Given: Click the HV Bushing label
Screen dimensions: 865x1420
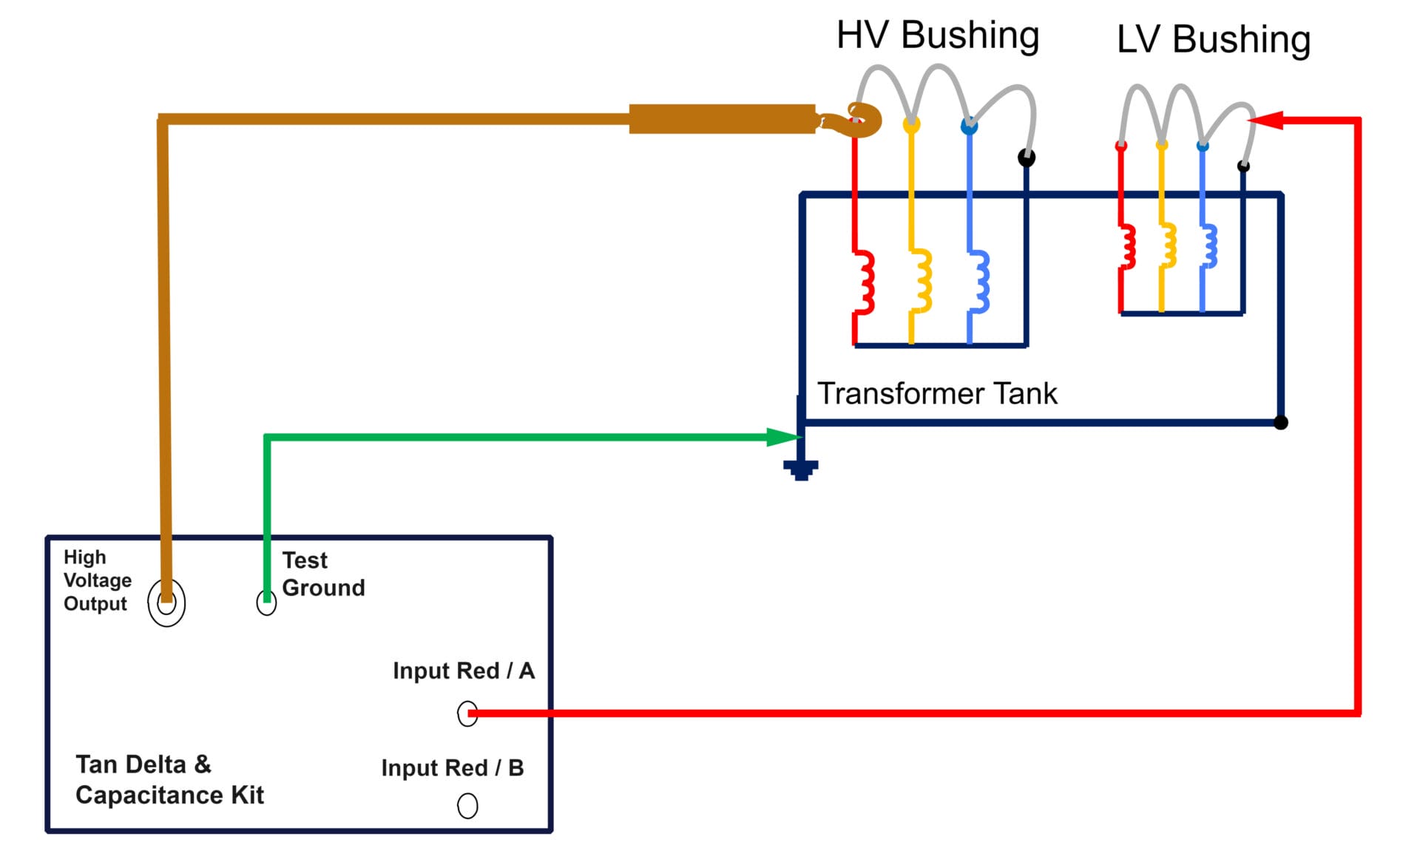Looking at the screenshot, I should [x=937, y=35].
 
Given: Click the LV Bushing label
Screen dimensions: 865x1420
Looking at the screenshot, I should [x=1213, y=39].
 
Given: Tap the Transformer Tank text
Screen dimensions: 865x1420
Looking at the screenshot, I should [x=936, y=393].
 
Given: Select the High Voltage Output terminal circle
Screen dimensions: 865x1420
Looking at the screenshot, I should [x=166, y=603].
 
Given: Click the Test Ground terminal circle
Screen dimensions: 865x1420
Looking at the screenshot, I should [x=266, y=603].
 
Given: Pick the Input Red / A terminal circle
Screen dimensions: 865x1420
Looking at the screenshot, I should [x=467, y=713].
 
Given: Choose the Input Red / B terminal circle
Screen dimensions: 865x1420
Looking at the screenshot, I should [x=467, y=805].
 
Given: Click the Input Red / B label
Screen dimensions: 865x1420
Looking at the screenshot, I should [x=452, y=768].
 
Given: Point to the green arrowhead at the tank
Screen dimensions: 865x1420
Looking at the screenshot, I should [x=782, y=437].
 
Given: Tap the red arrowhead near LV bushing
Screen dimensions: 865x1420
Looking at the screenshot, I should [x=1266, y=120].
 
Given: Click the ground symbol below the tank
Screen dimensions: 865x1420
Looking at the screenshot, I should [x=800, y=469].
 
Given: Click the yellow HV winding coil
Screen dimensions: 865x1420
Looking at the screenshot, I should [x=922, y=280].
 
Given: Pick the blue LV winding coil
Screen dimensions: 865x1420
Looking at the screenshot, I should [x=1210, y=246].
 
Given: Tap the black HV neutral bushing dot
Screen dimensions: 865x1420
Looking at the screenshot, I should [x=1027, y=157].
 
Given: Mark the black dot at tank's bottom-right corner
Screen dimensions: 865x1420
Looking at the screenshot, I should [x=1281, y=422].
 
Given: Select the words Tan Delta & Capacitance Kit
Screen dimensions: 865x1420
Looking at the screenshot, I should [x=169, y=779].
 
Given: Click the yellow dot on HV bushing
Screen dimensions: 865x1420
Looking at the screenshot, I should [x=911, y=126].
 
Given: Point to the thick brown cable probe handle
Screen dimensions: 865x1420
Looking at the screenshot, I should [x=721, y=119].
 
